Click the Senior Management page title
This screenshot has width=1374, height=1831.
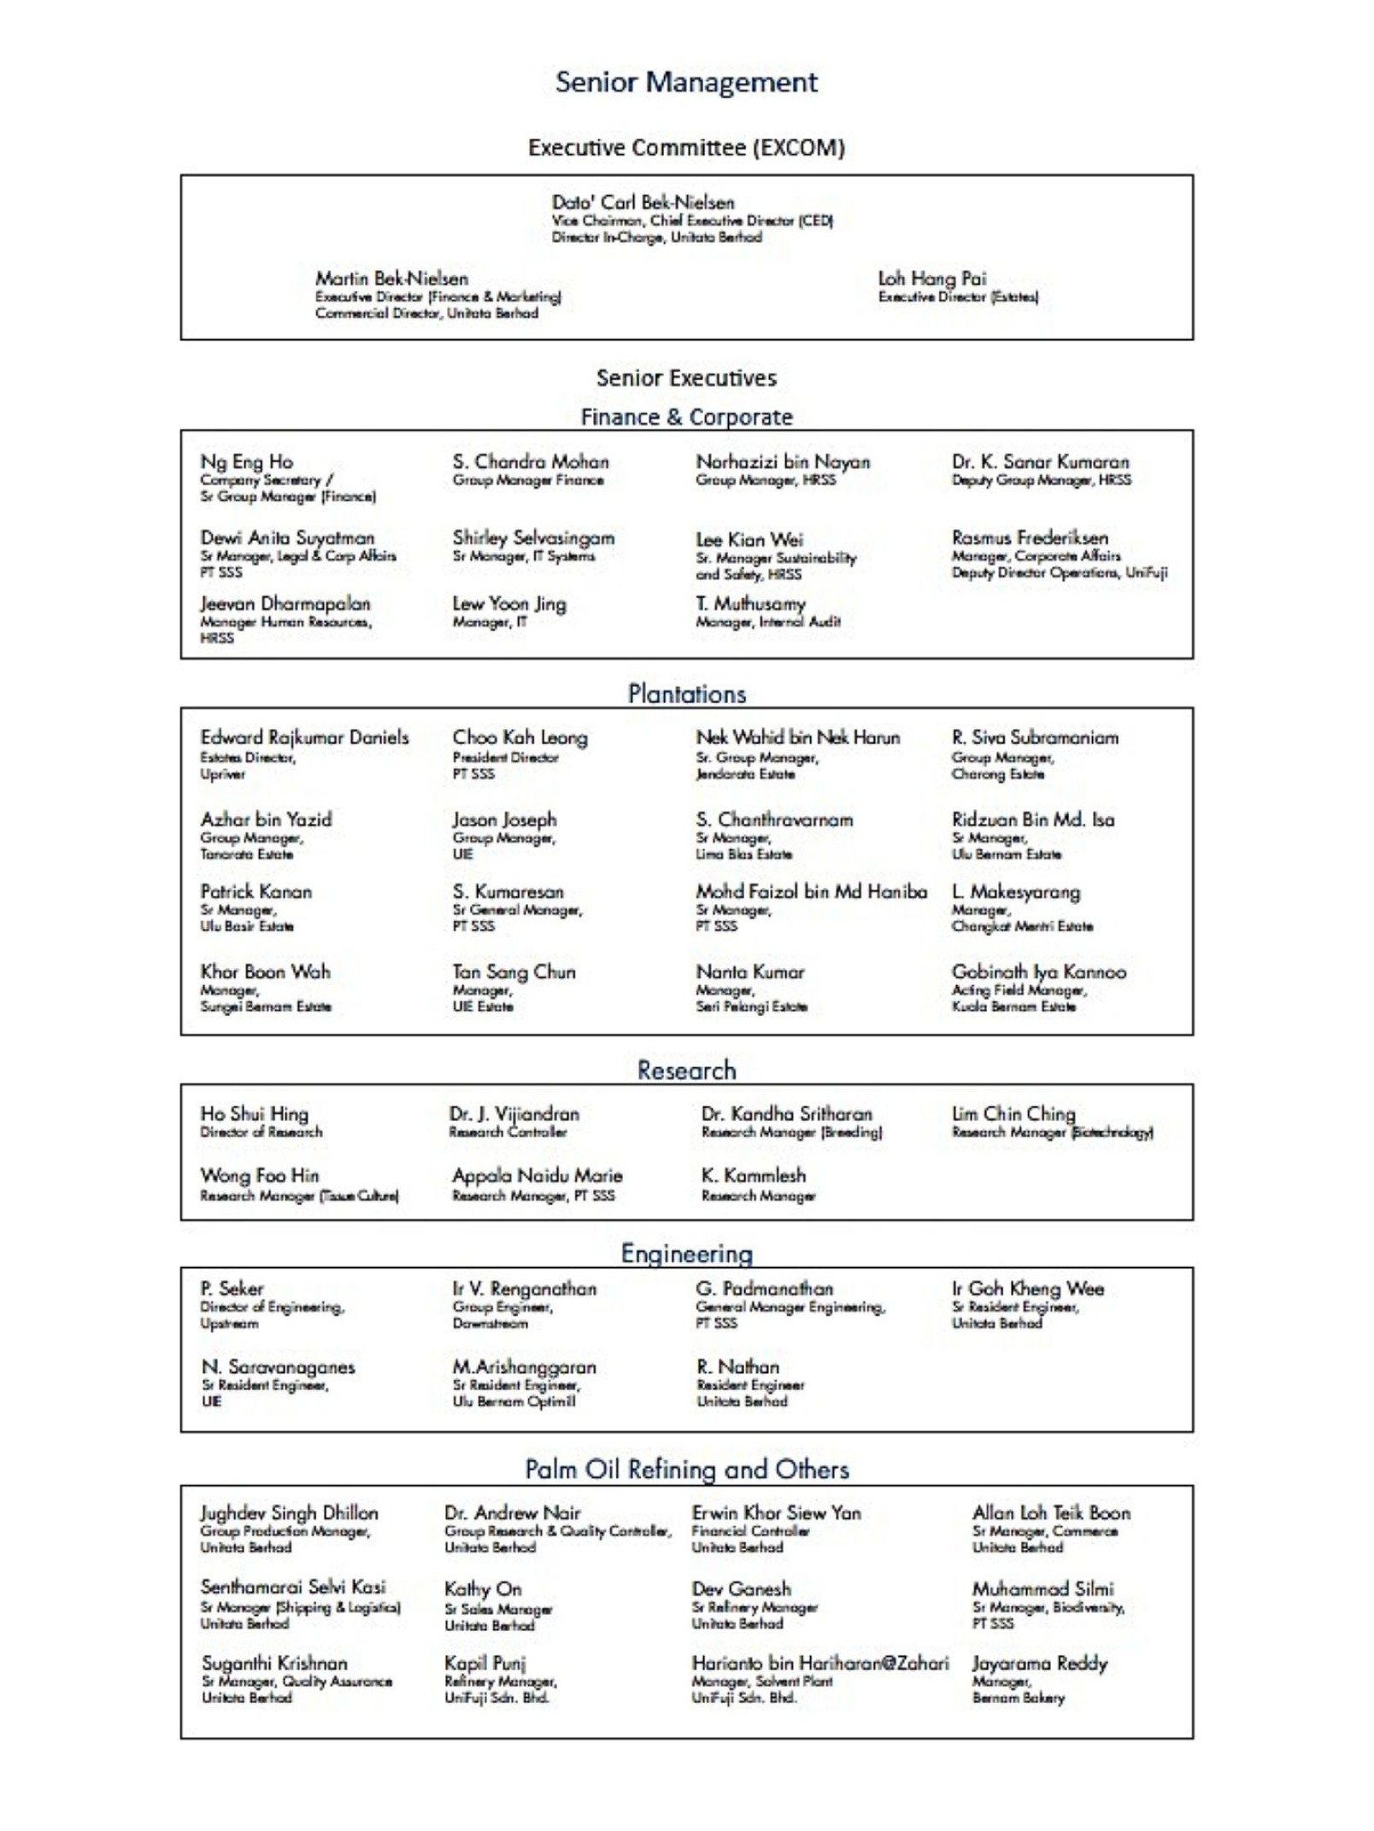(x=686, y=82)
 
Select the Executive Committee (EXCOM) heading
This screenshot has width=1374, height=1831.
(x=686, y=148)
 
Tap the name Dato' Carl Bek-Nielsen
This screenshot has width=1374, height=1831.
(x=643, y=202)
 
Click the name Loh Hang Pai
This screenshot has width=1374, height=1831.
(x=931, y=279)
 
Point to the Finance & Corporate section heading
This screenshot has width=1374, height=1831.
(x=686, y=417)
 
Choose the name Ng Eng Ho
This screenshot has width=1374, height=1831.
(x=246, y=462)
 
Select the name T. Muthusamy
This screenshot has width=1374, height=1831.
(x=750, y=603)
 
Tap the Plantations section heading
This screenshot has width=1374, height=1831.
(x=686, y=694)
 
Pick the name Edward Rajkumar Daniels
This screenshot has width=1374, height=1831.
(x=304, y=737)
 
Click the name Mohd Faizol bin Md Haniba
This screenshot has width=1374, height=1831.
(x=811, y=891)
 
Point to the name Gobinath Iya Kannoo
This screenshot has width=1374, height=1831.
(x=1038, y=971)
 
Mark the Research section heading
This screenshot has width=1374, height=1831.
(x=686, y=1070)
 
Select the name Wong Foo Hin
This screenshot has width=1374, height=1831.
(x=259, y=1176)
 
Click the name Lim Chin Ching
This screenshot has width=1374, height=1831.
(x=1013, y=1113)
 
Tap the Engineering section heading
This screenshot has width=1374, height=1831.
(x=686, y=1253)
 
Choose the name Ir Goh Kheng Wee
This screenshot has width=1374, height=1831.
(x=1028, y=1288)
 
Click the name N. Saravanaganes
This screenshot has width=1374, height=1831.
(x=278, y=1367)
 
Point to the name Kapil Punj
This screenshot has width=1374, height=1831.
(x=484, y=1664)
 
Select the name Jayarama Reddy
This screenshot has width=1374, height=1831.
(x=1039, y=1664)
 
